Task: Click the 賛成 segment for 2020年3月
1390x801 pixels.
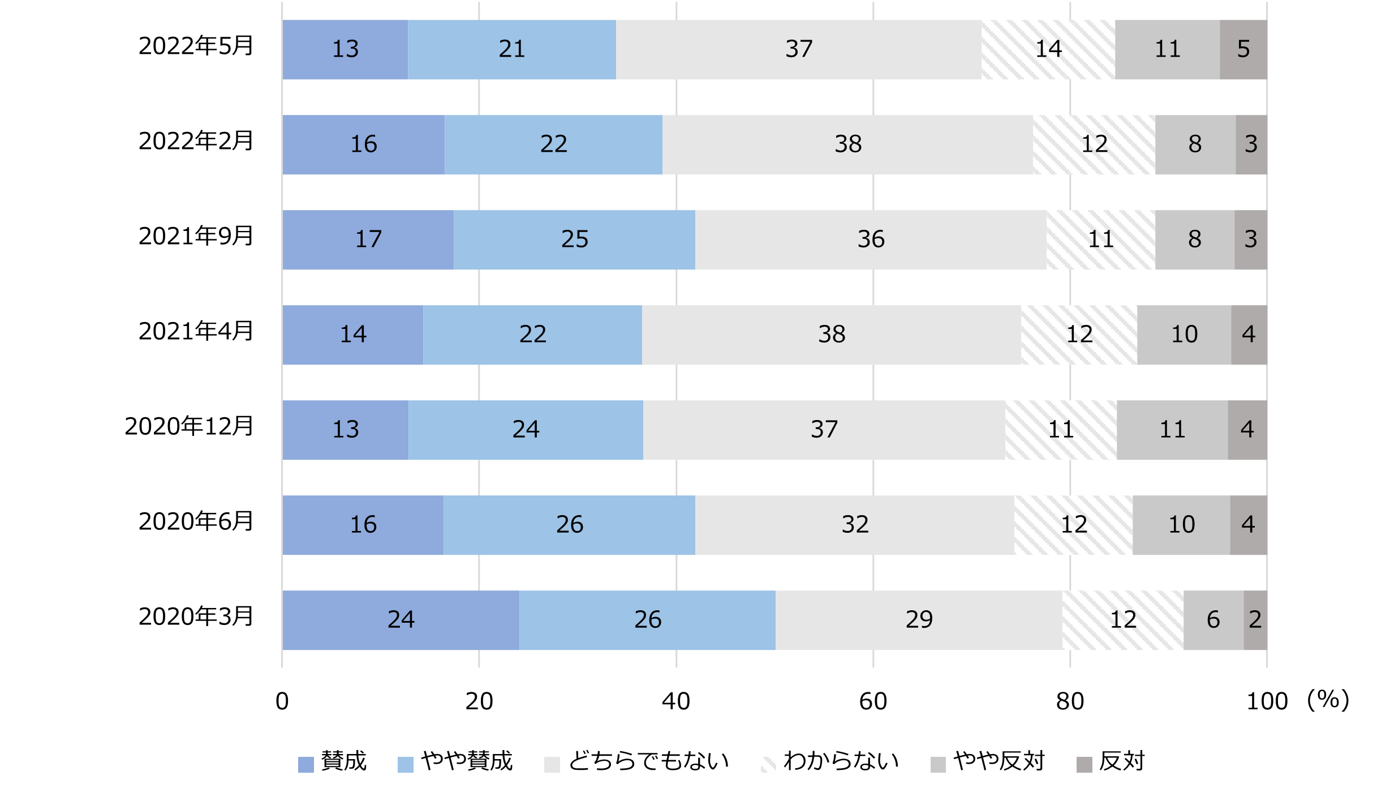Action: pyautogui.click(x=401, y=620)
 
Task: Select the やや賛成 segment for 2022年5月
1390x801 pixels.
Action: pyautogui.click(x=511, y=49)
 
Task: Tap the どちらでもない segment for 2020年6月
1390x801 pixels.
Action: pyautogui.click(x=854, y=525)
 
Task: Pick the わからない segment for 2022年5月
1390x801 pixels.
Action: pyautogui.click(x=1048, y=49)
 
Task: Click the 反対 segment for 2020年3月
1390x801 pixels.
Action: pyautogui.click(x=1255, y=620)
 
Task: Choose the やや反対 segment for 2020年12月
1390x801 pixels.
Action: pyautogui.click(x=1172, y=430)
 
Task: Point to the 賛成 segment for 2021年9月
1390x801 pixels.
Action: pyautogui.click(x=368, y=239)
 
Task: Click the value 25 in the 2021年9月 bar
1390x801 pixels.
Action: pyautogui.click(x=574, y=239)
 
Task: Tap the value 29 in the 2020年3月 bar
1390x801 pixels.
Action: pyautogui.click(x=919, y=620)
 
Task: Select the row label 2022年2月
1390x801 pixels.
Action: pyautogui.click(x=196, y=142)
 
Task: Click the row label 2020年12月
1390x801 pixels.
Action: pyautogui.click(x=189, y=427)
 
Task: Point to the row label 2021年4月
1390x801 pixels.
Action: pyautogui.click(x=196, y=332)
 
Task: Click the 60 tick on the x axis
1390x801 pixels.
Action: pyautogui.click(x=872, y=702)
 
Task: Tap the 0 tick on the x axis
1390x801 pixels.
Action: pyautogui.click(x=282, y=702)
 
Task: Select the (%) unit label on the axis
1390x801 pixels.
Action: pyautogui.click(x=1328, y=700)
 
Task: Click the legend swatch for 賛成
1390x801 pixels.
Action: pyautogui.click(x=305, y=764)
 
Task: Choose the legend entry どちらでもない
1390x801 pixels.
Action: pyautogui.click(x=648, y=761)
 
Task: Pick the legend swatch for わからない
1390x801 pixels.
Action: pyautogui.click(x=768, y=764)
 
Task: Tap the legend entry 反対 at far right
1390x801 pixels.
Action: pyautogui.click(x=1121, y=761)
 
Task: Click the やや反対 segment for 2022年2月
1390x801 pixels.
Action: pyautogui.click(x=1195, y=144)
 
